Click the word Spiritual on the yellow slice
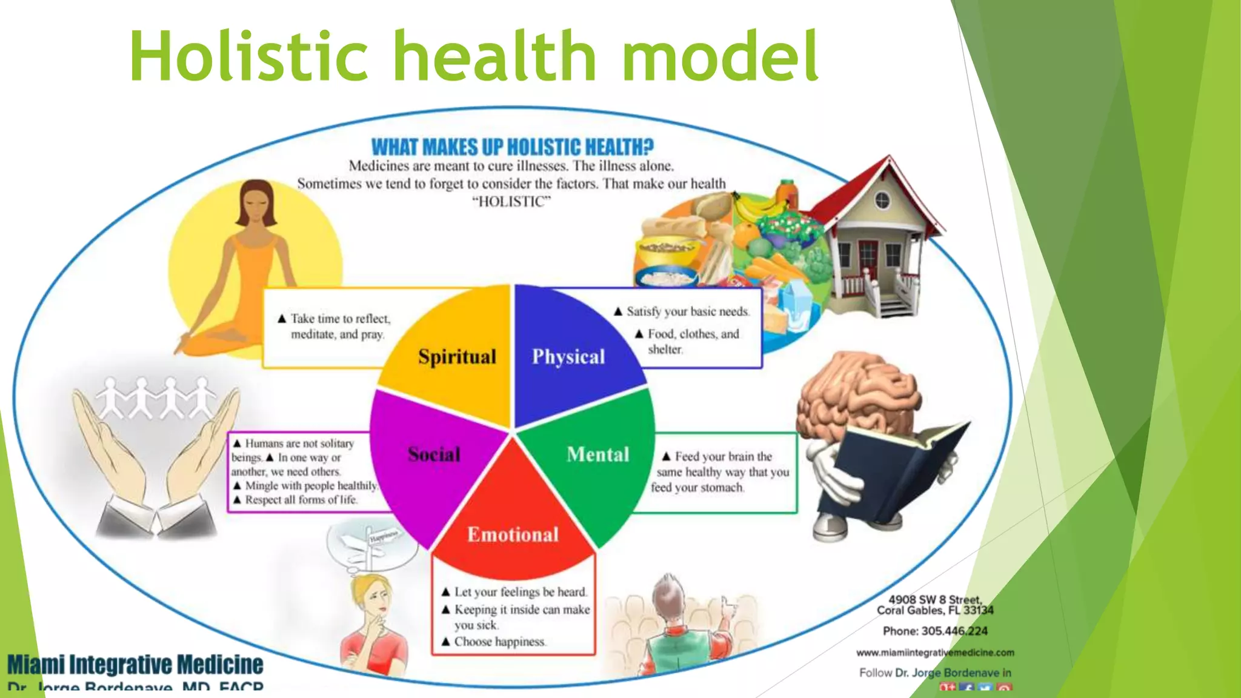point(457,356)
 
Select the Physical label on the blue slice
point(568,356)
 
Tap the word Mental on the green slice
point(598,454)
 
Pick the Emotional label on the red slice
point(513,534)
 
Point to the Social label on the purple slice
point(434,454)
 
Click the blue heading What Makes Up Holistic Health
point(512,147)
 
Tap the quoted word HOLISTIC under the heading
point(511,202)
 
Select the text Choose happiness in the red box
point(499,642)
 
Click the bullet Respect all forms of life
point(301,500)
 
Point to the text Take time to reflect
point(340,319)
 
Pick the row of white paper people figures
point(156,398)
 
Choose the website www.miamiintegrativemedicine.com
point(935,653)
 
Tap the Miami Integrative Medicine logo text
point(135,665)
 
